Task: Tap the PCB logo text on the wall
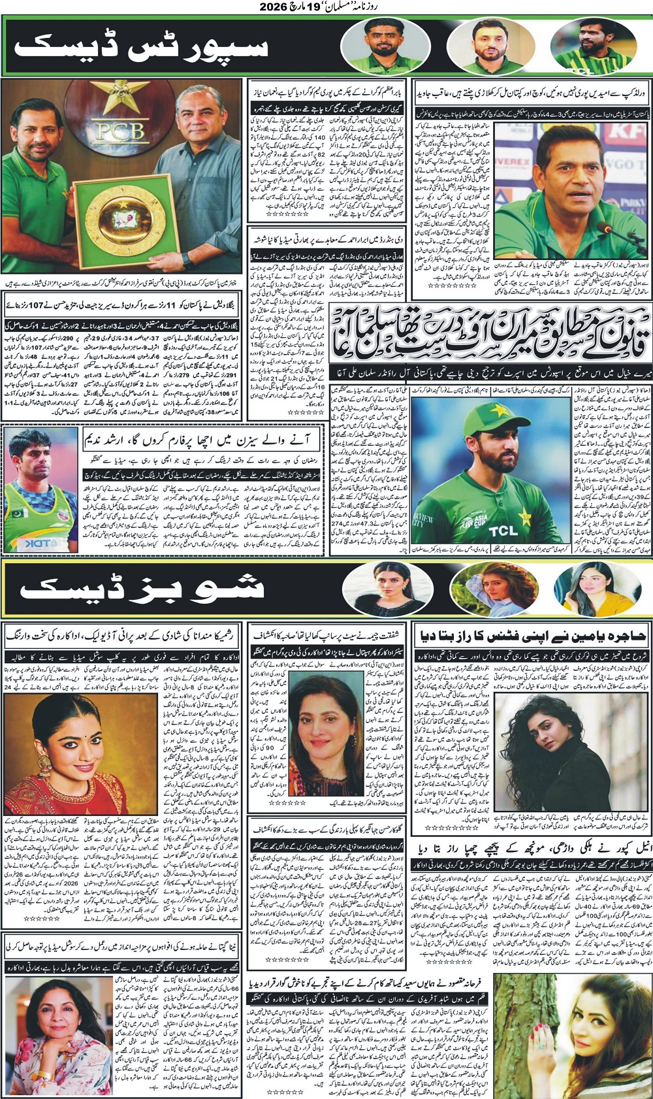click(x=120, y=132)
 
